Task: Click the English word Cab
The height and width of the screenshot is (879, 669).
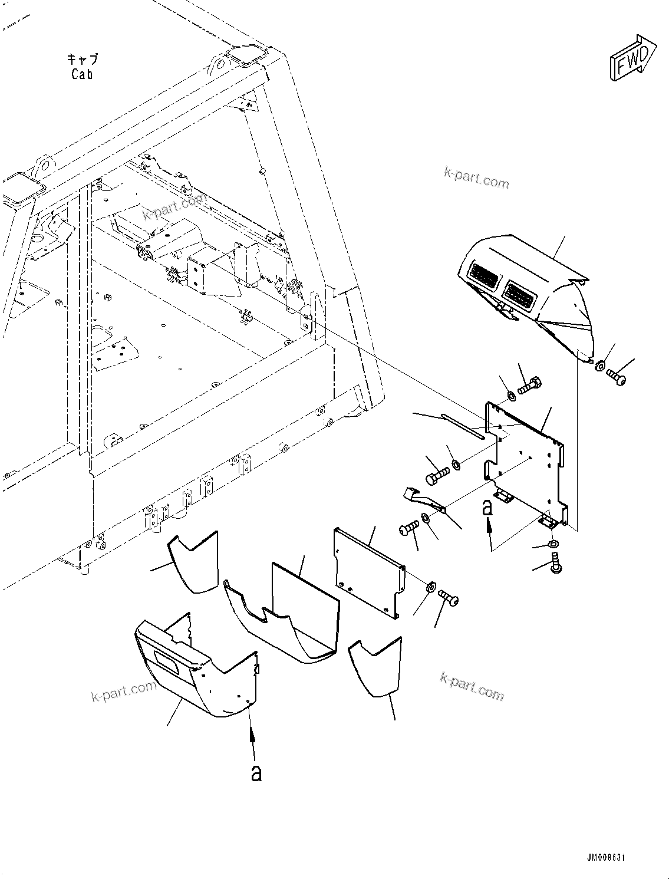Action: click(82, 74)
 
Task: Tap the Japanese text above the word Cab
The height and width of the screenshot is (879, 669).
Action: click(82, 59)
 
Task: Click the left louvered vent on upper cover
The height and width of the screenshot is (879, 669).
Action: click(483, 276)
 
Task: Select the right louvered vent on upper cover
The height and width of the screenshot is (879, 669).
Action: click(521, 293)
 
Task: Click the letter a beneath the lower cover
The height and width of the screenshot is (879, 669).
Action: click(256, 773)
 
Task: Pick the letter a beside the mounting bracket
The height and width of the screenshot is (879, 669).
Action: click(487, 507)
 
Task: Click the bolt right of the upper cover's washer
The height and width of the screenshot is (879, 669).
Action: click(617, 373)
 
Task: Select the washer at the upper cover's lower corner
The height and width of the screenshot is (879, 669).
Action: click(599, 366)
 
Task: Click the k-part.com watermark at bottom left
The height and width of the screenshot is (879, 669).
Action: click(124, 693)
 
